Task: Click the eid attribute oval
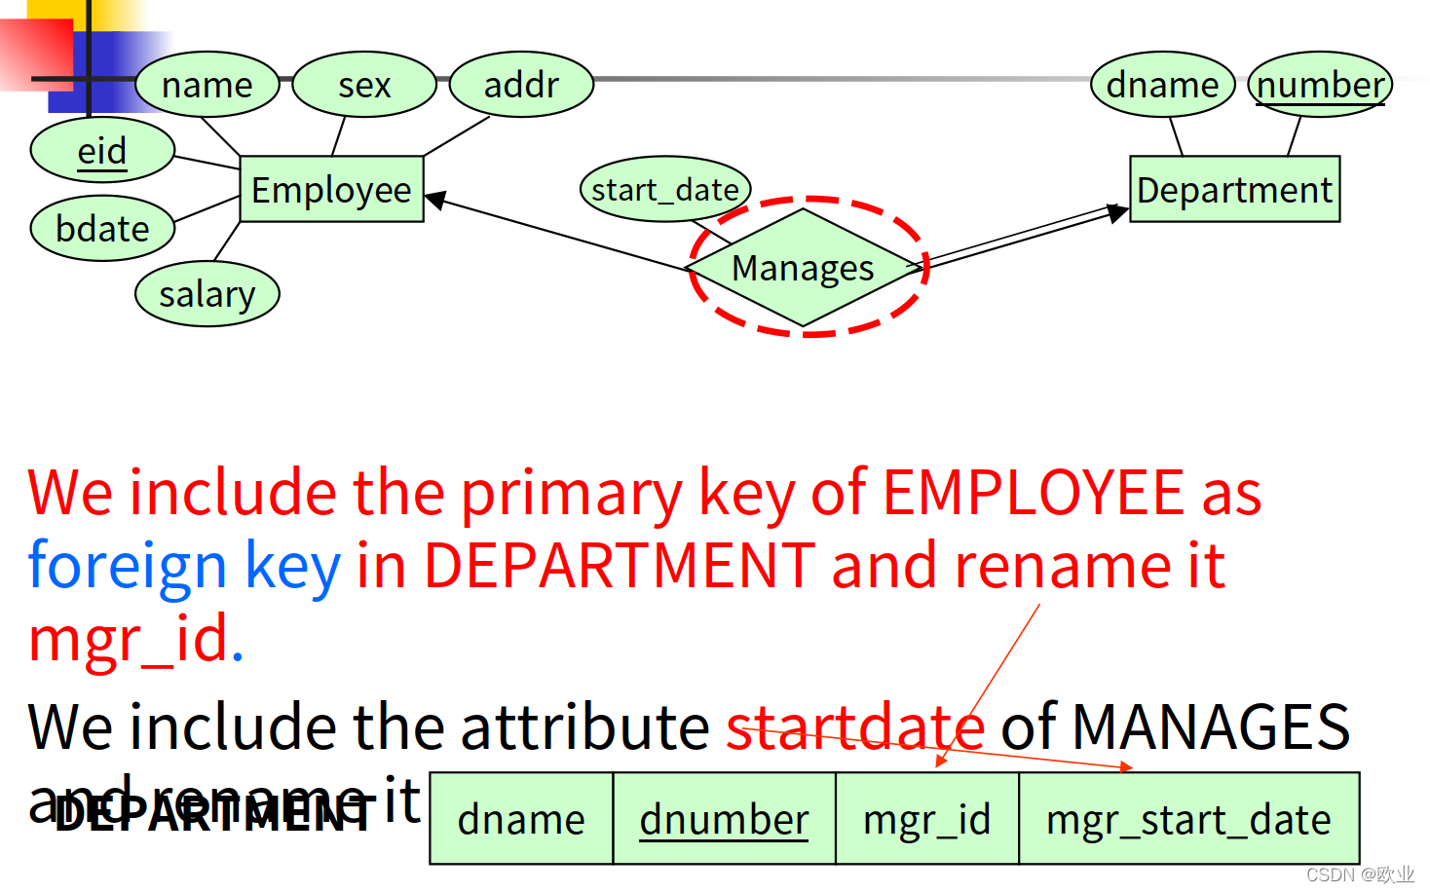click(102, 151)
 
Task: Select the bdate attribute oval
click(102, 229)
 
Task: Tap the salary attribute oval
click(207, 294)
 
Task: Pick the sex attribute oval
click(364, 86)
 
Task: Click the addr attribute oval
click(521, 86)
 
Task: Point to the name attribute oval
click(207, 86)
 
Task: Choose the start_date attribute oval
click(664, 189)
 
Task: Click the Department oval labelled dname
click(1162, 86)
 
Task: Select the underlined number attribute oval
click(1320, 86)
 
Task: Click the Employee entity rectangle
click(331, 190)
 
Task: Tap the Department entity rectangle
click(1234, 190)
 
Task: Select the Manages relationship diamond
click(803, 268)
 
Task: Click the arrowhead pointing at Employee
click(434, 200)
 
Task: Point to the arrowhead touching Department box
click(1118, 212)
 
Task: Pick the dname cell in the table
click(521, 819)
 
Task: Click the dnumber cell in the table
click(724, 819)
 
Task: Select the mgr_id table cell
click(926, 819)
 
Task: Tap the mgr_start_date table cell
click(1188, 819)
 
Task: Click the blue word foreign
click(127, 566)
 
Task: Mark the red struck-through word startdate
click(854, 727)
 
